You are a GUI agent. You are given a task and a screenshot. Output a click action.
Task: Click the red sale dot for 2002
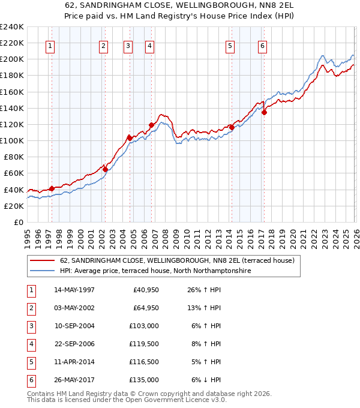click(x=105, y=169)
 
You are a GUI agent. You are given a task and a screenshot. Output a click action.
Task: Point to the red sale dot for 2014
click(x=232, y=127)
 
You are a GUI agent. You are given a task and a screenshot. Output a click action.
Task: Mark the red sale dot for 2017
click(x=265, y=112)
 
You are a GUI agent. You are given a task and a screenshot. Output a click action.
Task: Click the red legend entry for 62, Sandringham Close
click(x=177, y=260)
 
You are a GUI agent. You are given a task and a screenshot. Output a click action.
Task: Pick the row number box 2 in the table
click(x=30, y=308)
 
